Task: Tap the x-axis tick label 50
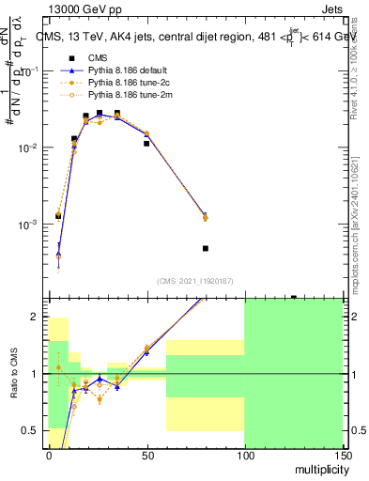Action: point(146,455)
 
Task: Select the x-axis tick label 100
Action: point(244,455)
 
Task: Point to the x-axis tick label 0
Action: point(49,455)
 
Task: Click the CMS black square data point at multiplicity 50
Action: point(146,144)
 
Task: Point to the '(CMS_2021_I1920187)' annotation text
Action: point(194,281)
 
